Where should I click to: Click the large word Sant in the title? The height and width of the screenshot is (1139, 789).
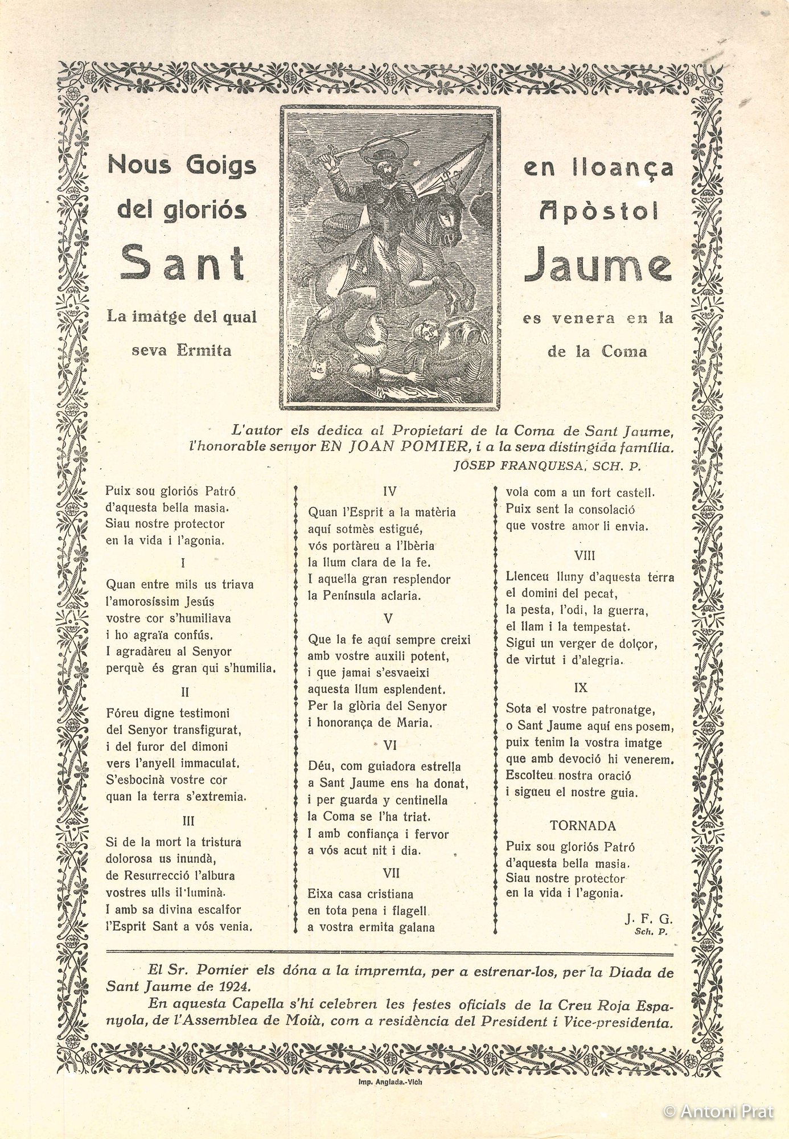pos(182,263)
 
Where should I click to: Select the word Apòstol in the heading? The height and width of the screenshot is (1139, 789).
pos(598,211)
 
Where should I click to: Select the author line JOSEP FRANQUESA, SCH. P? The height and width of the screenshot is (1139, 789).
pos(547,466)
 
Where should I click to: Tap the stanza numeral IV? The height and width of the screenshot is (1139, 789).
pos(389,491)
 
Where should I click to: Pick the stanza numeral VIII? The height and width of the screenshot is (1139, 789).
pos(585,555)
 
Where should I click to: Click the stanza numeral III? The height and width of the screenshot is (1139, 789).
pos(188,821)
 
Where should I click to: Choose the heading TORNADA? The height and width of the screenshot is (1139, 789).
pos(583,825)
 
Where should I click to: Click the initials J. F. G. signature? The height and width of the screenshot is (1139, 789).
pos(648,919)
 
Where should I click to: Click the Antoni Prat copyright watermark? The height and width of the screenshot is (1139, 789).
pos(718,1111)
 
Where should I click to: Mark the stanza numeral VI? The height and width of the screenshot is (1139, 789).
pos(390,745)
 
